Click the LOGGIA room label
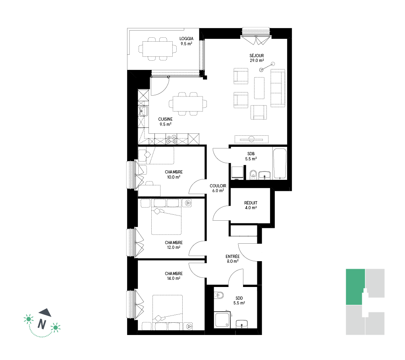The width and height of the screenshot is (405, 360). (x=186, y=39)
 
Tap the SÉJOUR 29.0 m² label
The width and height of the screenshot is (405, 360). (x=257, y=58)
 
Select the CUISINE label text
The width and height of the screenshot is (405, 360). (x=165, y=119)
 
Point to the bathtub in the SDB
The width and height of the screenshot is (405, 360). (x=280, y=164)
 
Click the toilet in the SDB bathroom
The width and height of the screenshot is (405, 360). (x=253, y=175)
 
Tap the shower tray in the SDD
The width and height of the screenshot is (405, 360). (x=222, y=320)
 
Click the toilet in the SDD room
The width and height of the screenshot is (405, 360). (x=219, y=295)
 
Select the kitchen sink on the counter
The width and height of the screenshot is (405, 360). (x=143, y=111)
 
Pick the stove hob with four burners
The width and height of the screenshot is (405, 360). (x=171, y=139)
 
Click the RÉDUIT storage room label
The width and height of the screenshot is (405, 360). (x=251, y=203)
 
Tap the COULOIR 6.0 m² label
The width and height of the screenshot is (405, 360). (x=218, y=188)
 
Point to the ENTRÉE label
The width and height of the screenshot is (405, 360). (x=232, y=256)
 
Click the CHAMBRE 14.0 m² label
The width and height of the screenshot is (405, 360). (x=174, y=276)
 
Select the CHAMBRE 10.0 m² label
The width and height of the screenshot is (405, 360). (x=174, y=175)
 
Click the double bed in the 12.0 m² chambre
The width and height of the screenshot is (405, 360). (x=166, y=217)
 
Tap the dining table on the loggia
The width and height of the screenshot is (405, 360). (x=157, y=49)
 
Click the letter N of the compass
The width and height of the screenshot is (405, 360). (x=42, y=324)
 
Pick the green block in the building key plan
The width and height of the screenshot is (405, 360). (x=355, y=287)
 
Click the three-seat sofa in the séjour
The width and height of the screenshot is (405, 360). (x=278, y=88)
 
